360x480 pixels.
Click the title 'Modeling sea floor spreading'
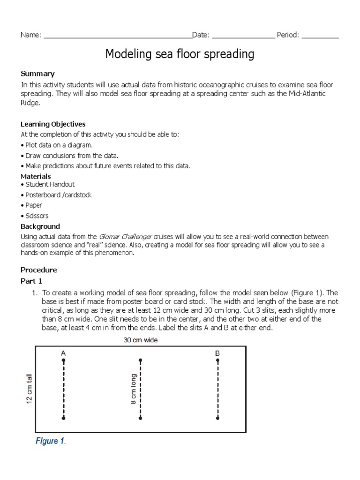(x=180, y=54)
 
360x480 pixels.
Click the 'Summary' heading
(x=37, y=74)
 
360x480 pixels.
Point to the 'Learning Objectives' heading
(x=53, y=124)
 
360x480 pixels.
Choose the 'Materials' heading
(x=36, y=176)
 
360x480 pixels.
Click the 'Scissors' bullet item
(x=35, y=216)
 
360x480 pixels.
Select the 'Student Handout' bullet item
(x=48, y=185)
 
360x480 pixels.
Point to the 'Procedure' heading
(x=39, y=270)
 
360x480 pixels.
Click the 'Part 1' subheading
(x=31, y=281)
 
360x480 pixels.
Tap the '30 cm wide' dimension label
(x=141, y=340)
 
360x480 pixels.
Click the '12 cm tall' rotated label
(x=29, y=389)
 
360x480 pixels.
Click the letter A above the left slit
(x=63, y=352)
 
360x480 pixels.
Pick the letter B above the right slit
(x=217, y=352)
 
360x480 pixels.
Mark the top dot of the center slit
(x=141, y=361)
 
